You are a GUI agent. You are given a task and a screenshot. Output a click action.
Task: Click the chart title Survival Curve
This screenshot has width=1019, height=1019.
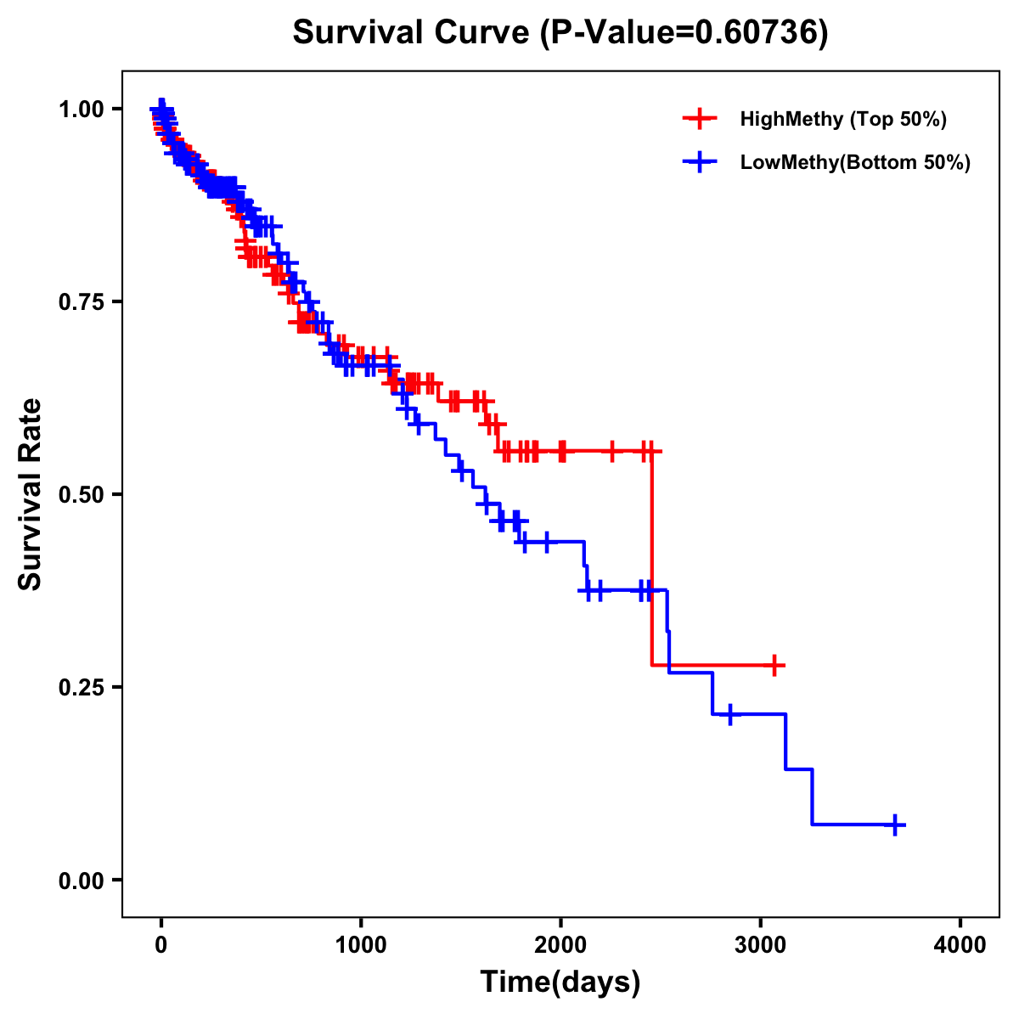coord(412,33)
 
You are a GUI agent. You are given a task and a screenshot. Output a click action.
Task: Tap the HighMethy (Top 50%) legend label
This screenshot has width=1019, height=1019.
coord(843,119)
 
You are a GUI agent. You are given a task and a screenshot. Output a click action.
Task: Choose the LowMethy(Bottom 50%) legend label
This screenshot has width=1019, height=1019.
coord(855,163)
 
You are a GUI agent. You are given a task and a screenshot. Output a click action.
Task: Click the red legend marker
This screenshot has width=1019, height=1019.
coord(700,119)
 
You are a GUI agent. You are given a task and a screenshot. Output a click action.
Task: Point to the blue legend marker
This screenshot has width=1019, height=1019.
coord(700,162)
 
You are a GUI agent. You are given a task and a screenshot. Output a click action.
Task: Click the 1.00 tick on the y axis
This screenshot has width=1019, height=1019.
coord(83,110)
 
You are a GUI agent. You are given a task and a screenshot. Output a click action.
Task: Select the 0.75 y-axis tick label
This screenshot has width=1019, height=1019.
coord(83,302)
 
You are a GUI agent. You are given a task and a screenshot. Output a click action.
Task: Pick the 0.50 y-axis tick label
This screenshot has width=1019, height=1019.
coord(83,495)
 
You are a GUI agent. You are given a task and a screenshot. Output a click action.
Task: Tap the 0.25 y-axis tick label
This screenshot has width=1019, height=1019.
coord(83,688)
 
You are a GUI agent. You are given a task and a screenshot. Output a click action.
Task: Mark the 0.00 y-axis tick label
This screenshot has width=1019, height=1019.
coord(83,881)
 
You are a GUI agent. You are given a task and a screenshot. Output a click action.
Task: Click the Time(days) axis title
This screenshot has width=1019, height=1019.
coord(560,982)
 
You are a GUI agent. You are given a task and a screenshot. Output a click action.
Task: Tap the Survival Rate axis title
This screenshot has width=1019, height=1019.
coord(31,494)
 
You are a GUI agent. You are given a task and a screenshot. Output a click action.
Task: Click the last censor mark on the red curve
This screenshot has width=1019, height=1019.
coord(774,665)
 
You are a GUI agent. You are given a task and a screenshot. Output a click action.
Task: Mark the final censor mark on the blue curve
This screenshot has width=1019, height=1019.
coord(895,825)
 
